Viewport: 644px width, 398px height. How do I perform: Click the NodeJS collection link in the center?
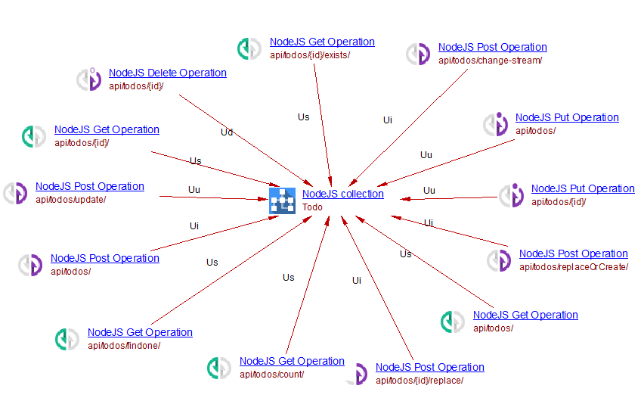pos(342,194)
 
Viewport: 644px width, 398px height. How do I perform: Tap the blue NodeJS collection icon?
pos(282,201)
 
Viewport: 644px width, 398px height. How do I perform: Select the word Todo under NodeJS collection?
pos(312,207)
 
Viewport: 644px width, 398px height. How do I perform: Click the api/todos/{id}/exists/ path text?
pos(310,55)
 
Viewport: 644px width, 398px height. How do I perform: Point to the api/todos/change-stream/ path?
pos(490,61)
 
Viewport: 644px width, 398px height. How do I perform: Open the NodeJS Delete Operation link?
pos(167,73)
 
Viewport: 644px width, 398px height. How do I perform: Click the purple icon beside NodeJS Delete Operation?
pos(89,79)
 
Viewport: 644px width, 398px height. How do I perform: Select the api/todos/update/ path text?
pos(70,200)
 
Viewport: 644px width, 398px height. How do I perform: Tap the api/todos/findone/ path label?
pos(124,346)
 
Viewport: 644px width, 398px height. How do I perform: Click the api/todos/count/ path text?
pos(271,375)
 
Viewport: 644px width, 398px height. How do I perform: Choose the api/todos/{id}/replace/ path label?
pos(420,381)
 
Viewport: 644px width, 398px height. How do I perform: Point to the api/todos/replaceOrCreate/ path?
pos(573,267)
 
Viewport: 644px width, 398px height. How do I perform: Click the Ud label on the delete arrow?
pos(227,132)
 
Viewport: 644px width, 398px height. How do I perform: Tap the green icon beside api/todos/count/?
pos(218,368)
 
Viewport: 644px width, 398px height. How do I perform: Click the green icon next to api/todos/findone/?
pos(67,339)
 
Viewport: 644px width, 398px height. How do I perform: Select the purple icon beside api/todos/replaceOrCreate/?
pos(499,260)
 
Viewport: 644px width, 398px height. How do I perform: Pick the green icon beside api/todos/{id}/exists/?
pos(249,48)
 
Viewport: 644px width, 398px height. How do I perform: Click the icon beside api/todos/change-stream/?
pos(418,54)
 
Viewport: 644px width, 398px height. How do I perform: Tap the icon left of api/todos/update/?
pos(15,193)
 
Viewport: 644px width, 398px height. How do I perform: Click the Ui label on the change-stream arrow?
pos(388,120)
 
